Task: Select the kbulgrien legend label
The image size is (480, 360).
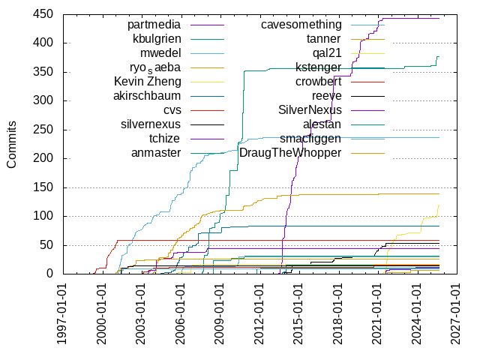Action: pyautogui.click(x=157, y=39)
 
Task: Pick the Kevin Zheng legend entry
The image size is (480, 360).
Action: pyautogui.click(x=148, y=82)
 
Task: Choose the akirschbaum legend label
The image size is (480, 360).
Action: pyautogui.click(x=147, y=96)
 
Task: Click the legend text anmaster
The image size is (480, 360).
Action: pyautogui.click(x=156, y=153)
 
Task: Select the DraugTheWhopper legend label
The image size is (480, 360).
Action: pyautogui.click(x=290, y=153)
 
